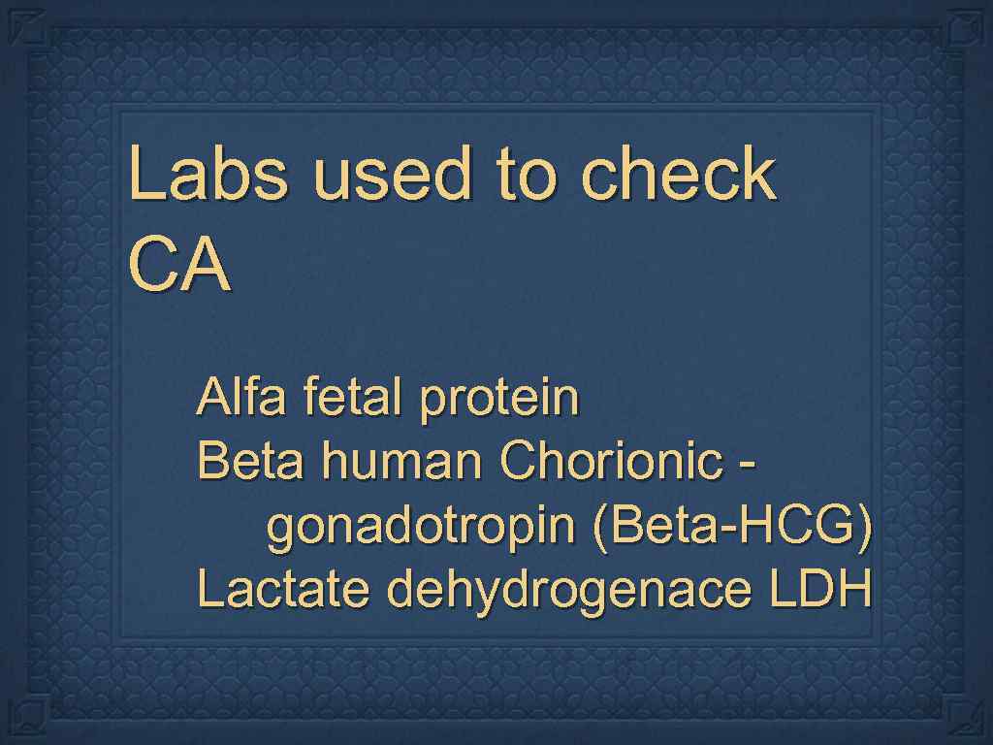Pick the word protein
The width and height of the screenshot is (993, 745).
point(499,400)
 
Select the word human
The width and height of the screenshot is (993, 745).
point(401,462)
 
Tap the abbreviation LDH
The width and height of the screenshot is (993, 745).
point(819,590)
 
